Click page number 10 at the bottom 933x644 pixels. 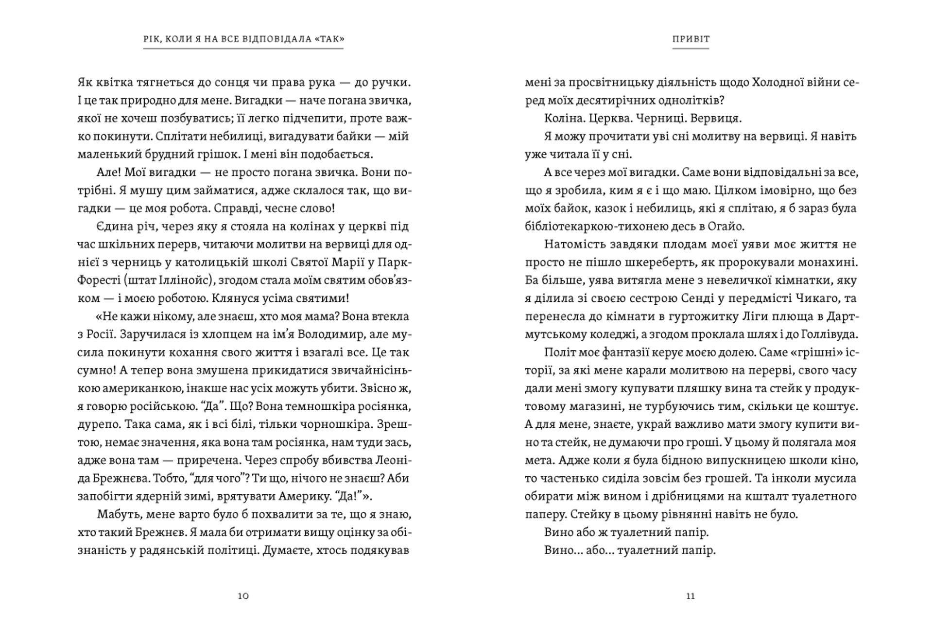point(243,596)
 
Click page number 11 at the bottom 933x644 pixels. point(691,596)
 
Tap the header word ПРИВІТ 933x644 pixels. point(691,39)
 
